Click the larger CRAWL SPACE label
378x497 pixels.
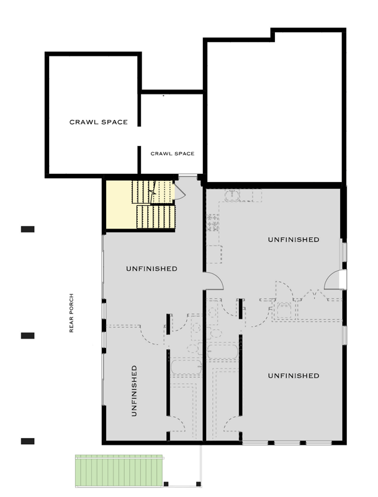[x=98, y=122]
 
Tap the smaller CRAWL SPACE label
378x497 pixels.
[x=173, y=153]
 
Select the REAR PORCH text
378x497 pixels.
[x=72, y=313]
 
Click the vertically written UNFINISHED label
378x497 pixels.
[x=134, y=390]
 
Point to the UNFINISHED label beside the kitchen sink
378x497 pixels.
[x=293, y=239]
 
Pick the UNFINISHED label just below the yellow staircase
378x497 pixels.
[x=151, y=269]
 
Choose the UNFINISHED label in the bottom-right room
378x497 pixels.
[x=293, y=376]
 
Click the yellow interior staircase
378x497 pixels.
[x=140, y=204]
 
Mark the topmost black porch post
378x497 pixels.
[x=27, y=229]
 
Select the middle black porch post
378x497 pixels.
[x=27, y=335]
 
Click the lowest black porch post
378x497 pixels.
[x=27, y=441]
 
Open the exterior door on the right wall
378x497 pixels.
[x=335, y=280]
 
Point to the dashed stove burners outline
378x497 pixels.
[x=213, y=222]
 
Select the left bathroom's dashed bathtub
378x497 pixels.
[x=186, y=367]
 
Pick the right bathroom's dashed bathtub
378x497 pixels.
[x=223, y=352]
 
